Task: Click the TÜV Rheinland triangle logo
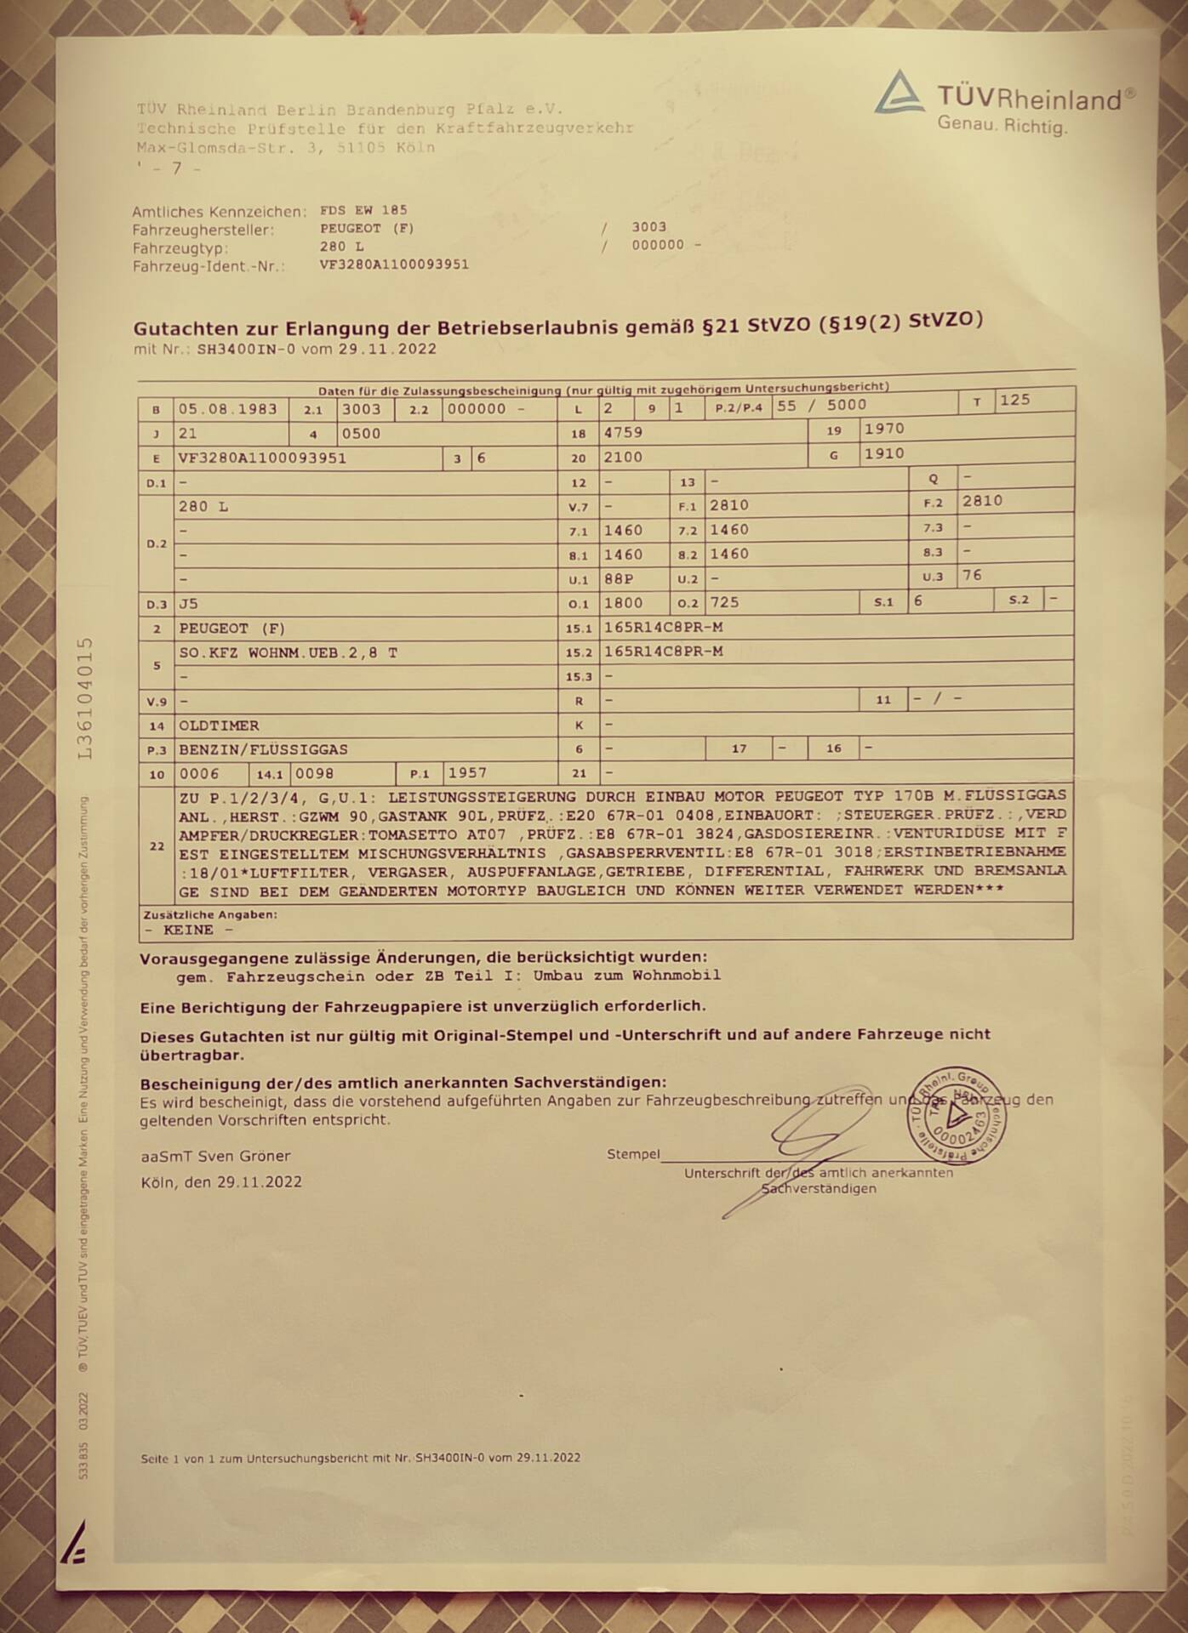click(899, 93)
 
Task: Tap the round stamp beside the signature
click(956, 1115)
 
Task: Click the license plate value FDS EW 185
click(363, 210)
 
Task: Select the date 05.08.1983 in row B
click(227, 409)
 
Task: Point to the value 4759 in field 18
click(623, 432)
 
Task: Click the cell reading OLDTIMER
click(219, 725)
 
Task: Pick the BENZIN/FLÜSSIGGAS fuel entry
click(263, 749)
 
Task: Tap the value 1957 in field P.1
click(467, 773)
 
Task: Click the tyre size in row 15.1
click(663, 627)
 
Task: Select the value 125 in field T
click(1014, 400)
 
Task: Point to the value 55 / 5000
click(821, 406)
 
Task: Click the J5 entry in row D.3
click(188, 604)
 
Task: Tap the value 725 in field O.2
click(724, 602)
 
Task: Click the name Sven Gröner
click(243, 1156)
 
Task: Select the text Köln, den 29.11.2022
click(221, 1182)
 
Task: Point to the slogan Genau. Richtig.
click(1002, 126)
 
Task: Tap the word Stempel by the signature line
click(633, 1154)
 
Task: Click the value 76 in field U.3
click(972, 575)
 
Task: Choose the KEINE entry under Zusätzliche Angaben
click(188, 930)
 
